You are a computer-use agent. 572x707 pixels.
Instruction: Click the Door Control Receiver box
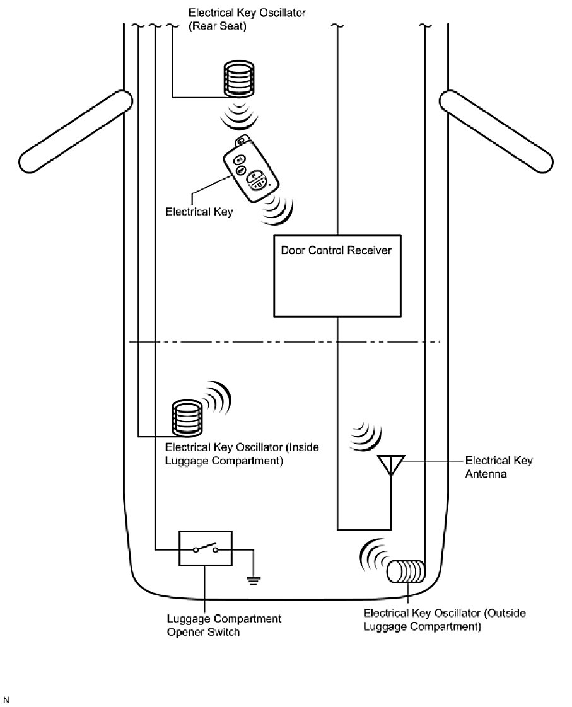pos(337,284)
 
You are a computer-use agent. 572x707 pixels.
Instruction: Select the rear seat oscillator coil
pos(239,79)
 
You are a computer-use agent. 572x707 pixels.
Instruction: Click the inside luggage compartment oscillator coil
pos(186,418)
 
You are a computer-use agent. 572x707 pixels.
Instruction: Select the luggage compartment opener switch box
pos(206,550)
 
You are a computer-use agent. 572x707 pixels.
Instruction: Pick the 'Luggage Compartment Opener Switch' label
pos(224,625)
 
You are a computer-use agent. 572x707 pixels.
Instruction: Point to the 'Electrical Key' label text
pos(199,212)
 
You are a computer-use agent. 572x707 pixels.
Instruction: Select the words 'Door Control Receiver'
pos(336,251)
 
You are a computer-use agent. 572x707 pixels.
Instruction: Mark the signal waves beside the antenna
pos(366,435)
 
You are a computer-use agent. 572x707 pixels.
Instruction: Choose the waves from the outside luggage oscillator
pos(372,553)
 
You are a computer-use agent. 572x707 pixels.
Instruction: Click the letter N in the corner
pos(6,699)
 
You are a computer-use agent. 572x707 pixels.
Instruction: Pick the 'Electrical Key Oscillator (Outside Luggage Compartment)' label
pos(445,620)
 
